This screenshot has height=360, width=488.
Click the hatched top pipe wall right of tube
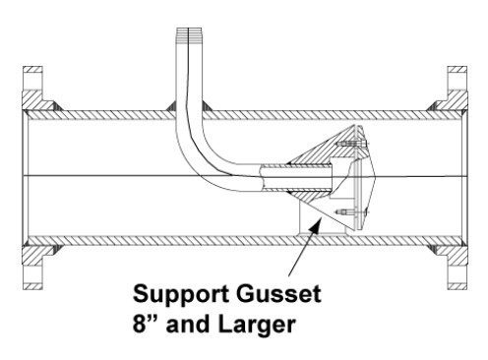click(315, 109)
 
